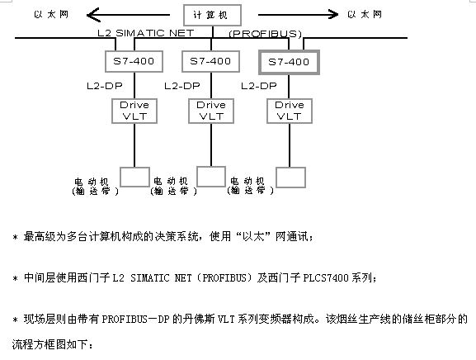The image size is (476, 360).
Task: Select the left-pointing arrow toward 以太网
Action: tap(128, 15)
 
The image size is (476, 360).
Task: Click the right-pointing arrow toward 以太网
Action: tap(298, 14)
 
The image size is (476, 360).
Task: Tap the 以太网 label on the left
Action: tap(51, 15)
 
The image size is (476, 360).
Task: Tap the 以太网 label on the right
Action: tap(365, 14)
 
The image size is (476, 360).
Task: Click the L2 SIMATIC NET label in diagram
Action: tap(146, 33)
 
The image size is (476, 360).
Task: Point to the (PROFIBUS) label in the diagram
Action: tap(265, 33)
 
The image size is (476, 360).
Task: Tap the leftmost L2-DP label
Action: tap(105, 86)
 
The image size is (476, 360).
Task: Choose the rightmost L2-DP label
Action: tap(259, 86)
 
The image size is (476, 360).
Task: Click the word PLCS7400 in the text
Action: tap(326, 277)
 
